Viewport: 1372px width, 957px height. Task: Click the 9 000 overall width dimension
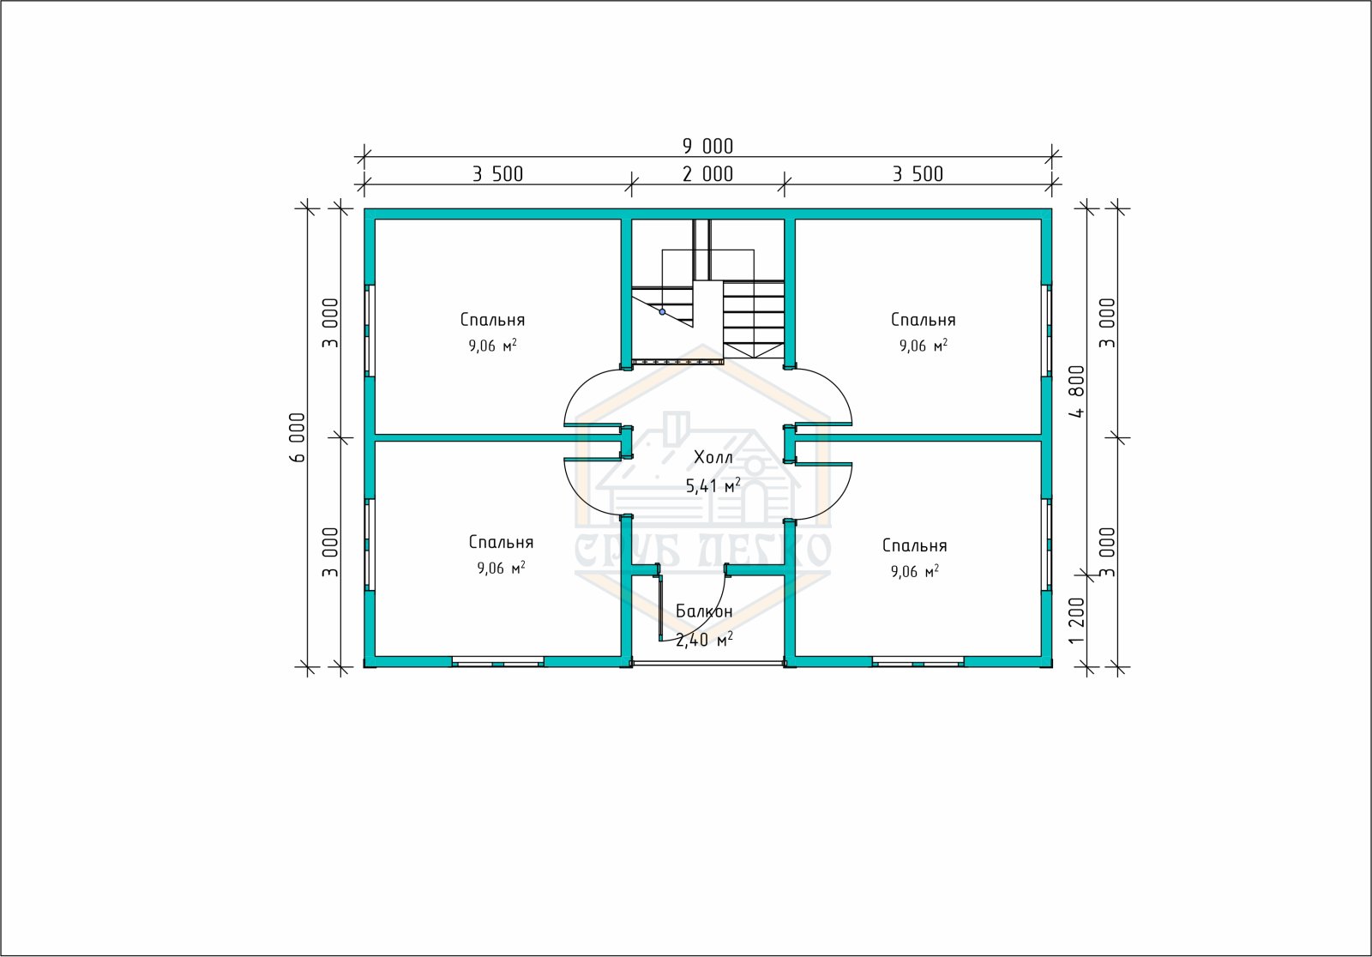707,146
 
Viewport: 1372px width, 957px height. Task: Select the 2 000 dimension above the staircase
707,174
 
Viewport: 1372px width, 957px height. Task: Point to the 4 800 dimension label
1077,392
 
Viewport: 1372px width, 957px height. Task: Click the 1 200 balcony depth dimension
1077,621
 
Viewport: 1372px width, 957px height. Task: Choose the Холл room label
713,457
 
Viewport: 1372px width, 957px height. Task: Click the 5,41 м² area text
713,486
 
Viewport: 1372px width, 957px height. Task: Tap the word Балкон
704,611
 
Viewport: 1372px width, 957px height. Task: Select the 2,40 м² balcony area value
704,640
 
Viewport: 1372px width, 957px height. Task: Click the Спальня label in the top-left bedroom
492,320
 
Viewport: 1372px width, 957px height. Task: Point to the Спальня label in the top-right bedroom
923,320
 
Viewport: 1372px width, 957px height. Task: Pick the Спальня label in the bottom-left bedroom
501,542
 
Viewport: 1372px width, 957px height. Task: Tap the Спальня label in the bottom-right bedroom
914,545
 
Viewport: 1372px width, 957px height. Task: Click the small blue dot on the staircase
662,312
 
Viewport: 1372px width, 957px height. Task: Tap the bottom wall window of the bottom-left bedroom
498,661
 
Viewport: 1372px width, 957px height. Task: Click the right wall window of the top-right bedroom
1047,331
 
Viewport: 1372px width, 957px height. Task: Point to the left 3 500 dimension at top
498,174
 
